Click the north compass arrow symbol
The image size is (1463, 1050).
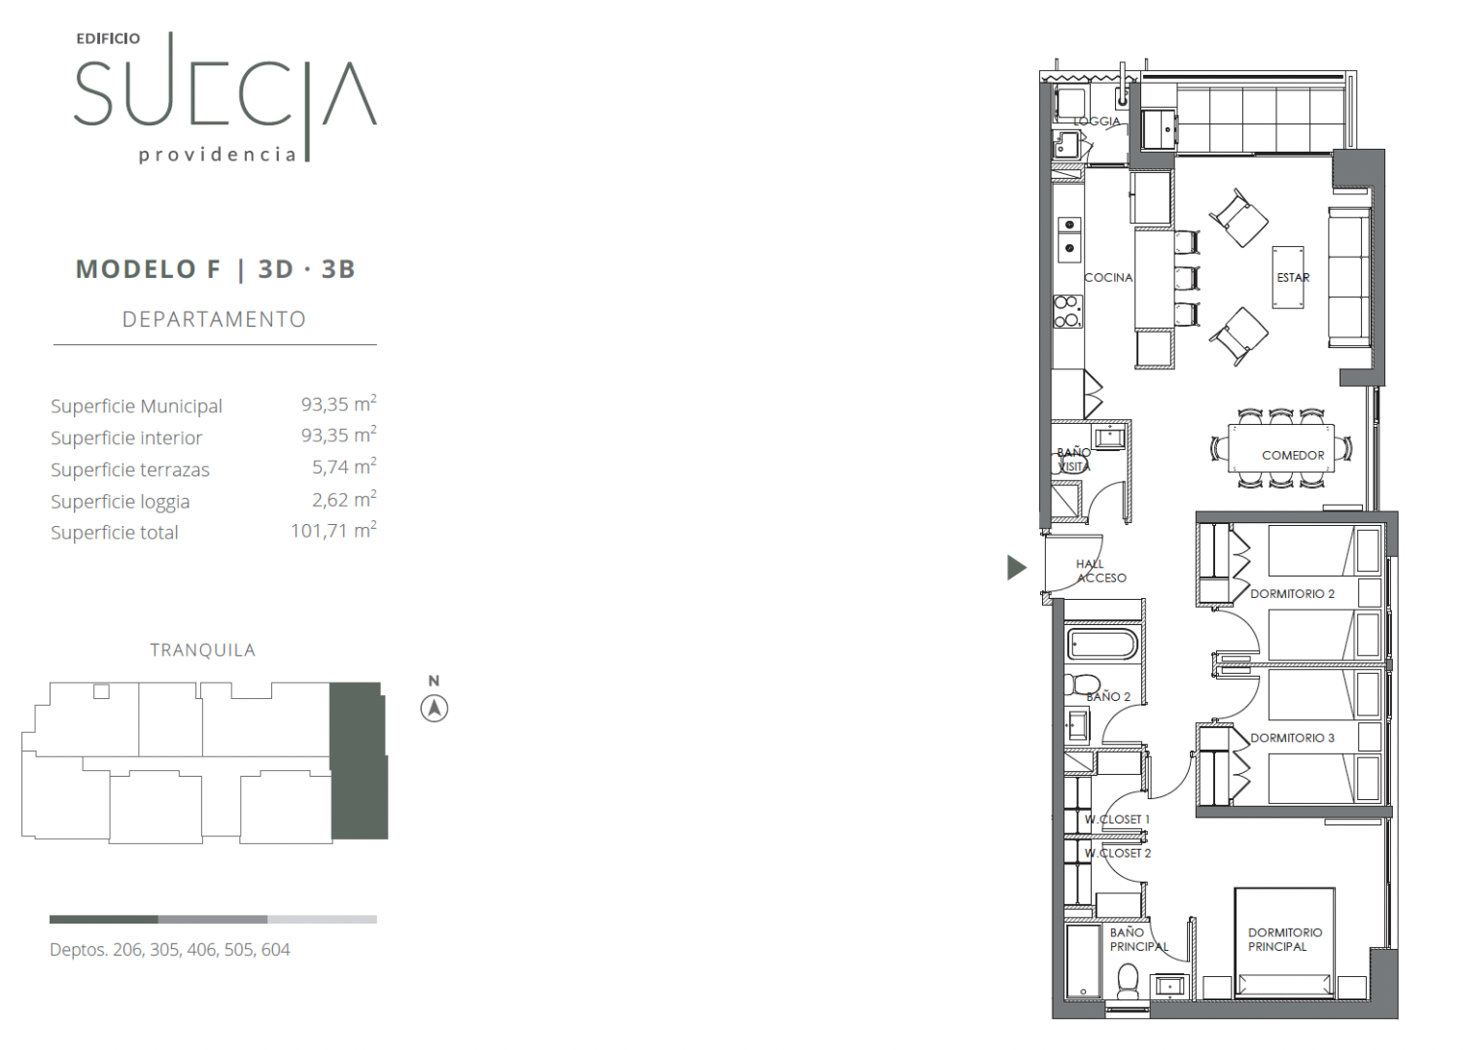click(434, 709)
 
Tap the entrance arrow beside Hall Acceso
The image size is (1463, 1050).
click(1016, 567)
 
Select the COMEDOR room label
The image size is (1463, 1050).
click(1293, 455)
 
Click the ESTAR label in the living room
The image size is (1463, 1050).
click(1293, 277)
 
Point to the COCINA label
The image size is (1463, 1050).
click(1108, 277)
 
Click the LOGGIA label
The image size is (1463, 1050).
click(1097, 121)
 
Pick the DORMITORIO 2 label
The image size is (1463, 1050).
click(1292, 593)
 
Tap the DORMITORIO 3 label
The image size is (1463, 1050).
click(1292, 738)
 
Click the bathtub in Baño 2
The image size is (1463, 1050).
click(1101, 645)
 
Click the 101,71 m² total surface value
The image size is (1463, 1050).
click(333, 530)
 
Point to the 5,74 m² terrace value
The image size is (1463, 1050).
click(344, 467)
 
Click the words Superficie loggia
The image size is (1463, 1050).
click(121, 501)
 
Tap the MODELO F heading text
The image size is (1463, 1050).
click(149, 268)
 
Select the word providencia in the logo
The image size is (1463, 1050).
click(218, 155)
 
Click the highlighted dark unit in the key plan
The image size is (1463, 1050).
click(358, 760)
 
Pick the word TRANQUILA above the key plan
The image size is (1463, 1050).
click(202, 650)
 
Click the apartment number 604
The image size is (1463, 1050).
click(275, 950)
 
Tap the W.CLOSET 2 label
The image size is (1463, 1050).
click(1118, 853)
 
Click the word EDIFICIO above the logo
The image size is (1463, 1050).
click(108, 39)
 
